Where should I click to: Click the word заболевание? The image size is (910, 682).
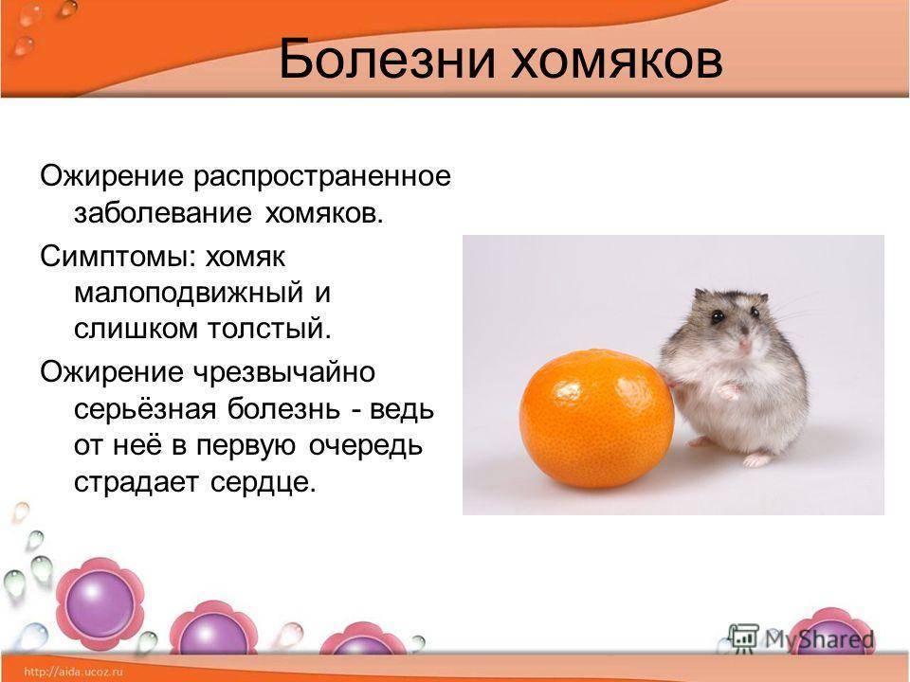click(x=162, y=212)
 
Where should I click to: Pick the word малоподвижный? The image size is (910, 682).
click(x=189, y=294)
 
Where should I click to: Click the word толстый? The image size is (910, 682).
click(x=270, y=330)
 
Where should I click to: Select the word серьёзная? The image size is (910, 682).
click(x=145, y=410)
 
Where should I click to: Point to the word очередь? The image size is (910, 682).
click(x=366, y=446)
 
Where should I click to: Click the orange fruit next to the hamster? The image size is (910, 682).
click(x=596, y=418)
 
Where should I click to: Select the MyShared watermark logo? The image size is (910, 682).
click(x=801, y=639)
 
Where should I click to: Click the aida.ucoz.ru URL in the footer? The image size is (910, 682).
click(x=74, y=672)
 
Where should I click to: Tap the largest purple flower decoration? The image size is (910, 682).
click(x=100, y=603)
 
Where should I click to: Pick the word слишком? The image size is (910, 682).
click(x=136, y=330)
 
